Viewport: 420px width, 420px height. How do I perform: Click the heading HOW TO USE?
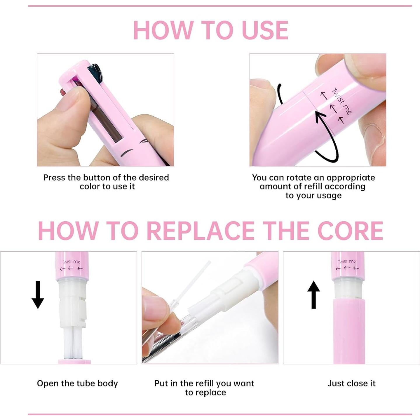point(210,30)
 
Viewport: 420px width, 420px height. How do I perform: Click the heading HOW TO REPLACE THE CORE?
point(210,231)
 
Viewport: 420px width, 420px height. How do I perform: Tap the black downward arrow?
point(38,294)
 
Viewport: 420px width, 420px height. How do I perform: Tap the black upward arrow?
point(313,294)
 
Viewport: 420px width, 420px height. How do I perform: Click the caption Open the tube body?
point(77,383)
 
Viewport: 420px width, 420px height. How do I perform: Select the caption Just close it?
point(351,383)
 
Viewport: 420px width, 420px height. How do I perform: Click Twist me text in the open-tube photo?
point(71,262)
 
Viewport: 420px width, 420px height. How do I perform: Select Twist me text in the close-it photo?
point(347,262)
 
